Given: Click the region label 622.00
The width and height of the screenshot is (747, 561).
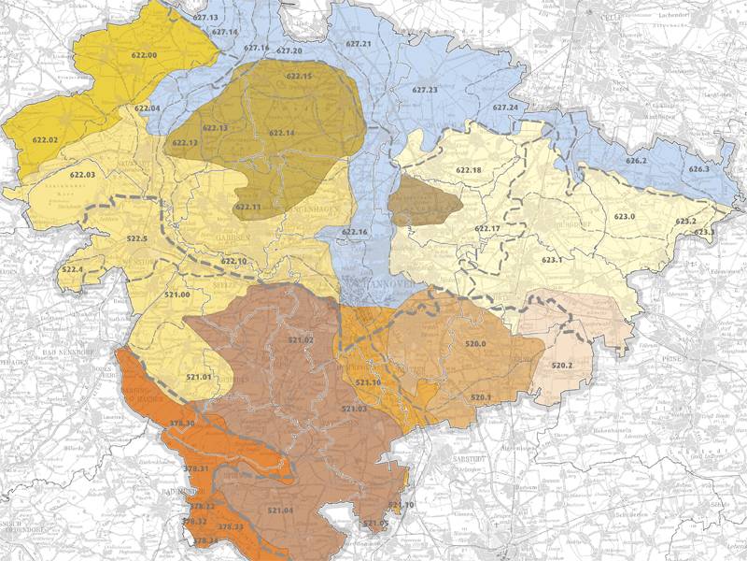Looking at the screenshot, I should tap(145, 56).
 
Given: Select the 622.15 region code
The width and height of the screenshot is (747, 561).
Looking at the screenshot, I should tap(299, 76).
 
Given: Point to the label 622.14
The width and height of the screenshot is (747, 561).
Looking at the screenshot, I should tap(281, 134).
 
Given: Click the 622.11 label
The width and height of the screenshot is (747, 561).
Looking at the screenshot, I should tap(247, 207).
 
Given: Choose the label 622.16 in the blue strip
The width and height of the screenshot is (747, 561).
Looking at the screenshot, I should tap(355, 232).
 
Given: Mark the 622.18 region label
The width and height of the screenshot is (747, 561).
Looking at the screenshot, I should tap(469, 170).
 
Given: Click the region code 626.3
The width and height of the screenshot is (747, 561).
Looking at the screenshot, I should tap(699, 169).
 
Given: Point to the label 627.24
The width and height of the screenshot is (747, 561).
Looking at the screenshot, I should tap(504, 108).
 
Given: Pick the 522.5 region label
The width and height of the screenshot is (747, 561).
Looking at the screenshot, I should tap(136, 239).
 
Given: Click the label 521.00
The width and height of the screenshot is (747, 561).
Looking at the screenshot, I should tap(177, 295).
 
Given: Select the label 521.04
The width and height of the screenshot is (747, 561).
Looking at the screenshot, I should tap(280, 511).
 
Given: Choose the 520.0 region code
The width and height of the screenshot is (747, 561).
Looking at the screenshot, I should tap(476, 344).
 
